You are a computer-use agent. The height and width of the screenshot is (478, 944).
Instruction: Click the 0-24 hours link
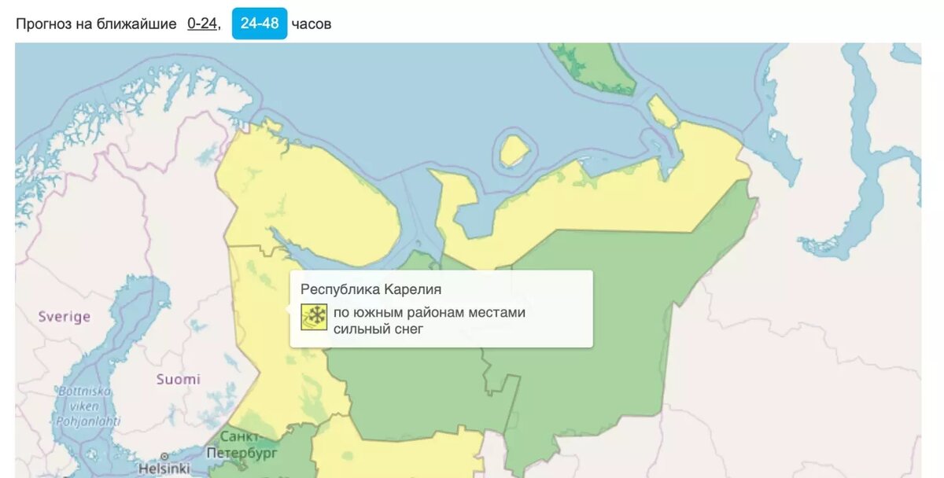click(201, 24)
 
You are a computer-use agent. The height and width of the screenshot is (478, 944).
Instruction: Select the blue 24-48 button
click(260, 24)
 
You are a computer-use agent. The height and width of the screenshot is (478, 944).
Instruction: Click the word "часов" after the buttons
click(312, 24)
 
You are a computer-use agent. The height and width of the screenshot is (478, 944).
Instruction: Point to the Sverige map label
click(65, 317)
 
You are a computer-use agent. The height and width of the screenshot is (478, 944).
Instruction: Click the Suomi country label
click(178, 379)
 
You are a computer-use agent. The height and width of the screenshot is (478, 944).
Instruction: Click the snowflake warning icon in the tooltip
click(314, 316)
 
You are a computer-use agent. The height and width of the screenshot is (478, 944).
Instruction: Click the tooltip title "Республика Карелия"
click(371, 289)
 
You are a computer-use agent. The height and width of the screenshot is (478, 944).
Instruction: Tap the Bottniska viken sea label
click(85, 399)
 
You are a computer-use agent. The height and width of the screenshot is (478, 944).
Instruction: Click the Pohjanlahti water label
click(87, 421)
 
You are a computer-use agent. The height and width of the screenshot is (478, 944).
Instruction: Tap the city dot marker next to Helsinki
click(164, 455)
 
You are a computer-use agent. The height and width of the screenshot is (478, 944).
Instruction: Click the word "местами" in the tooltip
click(497, 312)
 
